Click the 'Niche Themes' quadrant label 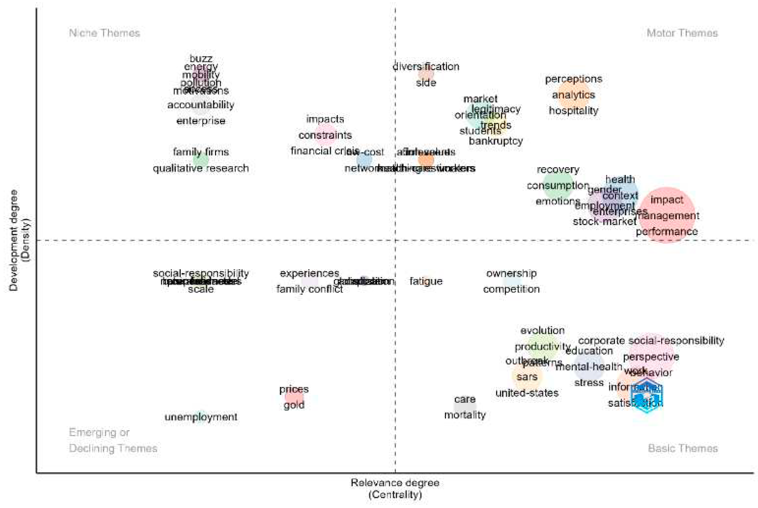tap(104, 33)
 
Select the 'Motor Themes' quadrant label tap(682, 33)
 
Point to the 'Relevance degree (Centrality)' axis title tap(395, 489)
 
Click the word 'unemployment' tap(201, 417)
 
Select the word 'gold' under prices tap(294, 405)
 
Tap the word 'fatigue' tap(426, 281)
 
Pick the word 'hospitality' tap(573, 111)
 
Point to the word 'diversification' tap(426, 67)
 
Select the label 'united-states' tap(527, 393)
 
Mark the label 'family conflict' tap(309, 289)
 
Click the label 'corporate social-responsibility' tap(651, 341)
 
